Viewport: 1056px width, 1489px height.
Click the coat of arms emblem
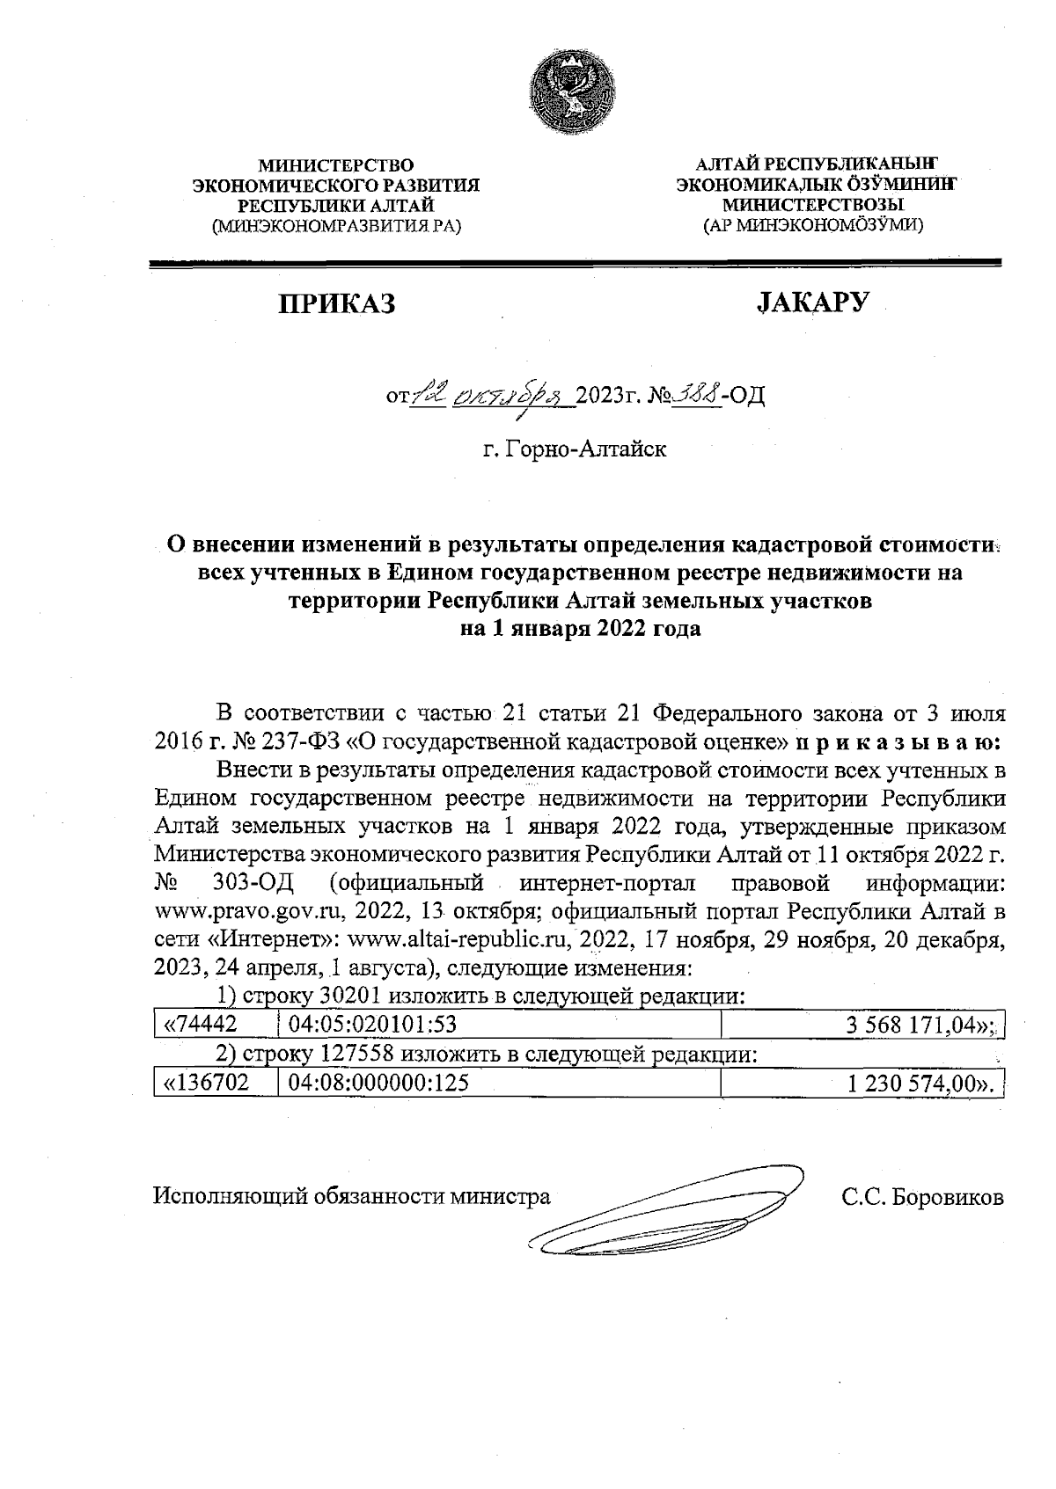[x=573, y=93]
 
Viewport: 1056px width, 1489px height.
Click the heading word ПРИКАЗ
[x=337, y=303]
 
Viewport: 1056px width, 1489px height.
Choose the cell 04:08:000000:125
[x=379, y=1084]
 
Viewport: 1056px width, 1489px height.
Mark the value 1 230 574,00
[x=920, y=1084]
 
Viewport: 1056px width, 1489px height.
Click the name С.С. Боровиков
[x=921, y=1197]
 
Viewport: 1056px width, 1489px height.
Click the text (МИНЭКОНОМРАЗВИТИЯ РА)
[x=335, y=225]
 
